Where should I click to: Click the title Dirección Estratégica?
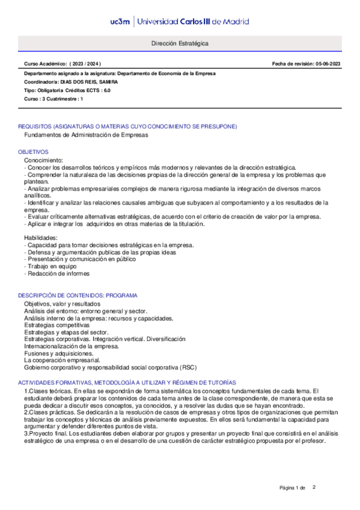click(x=180, y=45)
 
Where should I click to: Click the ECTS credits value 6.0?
click(x=107, y=90)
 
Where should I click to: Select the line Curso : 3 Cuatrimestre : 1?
click(x=53, y=99)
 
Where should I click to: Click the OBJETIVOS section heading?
click(x=33, y=152)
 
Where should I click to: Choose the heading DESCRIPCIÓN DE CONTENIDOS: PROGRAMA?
click(x=78, y=296)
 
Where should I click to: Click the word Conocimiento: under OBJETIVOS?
click(x=43, y=161)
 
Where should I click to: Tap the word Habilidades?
click(x=41, y=238)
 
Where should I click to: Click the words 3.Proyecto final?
click(x=41, y=433)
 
